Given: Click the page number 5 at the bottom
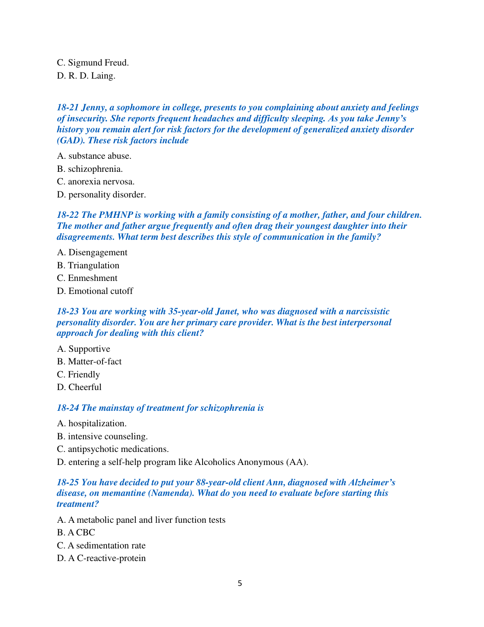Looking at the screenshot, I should point(240,583).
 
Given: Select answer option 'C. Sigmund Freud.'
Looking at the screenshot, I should point(93,63).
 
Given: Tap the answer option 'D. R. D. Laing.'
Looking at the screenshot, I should point(86,76).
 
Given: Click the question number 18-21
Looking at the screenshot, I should point(68,107).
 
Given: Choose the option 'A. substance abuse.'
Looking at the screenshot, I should point(94,156).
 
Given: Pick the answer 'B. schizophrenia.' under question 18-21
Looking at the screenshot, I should point(90,169).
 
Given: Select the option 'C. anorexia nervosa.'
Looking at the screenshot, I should point(96,182).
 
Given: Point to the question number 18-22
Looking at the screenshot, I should point(68,215).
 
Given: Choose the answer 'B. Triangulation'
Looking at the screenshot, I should point(88,265).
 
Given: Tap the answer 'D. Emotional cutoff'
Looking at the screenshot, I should point(95,291).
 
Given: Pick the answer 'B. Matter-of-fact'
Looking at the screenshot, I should point(89,362).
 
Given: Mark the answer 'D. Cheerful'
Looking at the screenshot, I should point(79,387).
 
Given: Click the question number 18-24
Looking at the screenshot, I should point(68,408).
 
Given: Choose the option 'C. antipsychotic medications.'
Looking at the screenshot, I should point(113,449).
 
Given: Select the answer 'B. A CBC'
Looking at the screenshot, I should point(76,533).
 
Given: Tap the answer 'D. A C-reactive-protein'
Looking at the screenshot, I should point(101,558).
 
